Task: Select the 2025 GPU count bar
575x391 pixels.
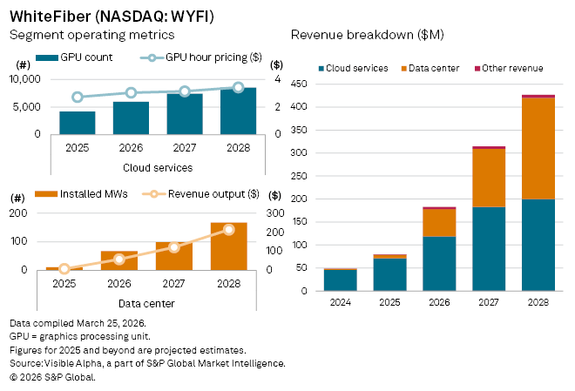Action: click(77, 123)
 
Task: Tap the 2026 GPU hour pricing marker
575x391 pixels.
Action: click(131, 92)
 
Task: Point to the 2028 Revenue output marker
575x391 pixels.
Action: click(229, 230)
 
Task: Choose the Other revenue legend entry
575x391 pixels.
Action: click(514, 68)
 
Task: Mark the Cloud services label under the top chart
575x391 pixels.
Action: click(157, 167)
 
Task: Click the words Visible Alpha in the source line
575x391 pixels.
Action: click(71, 363)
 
